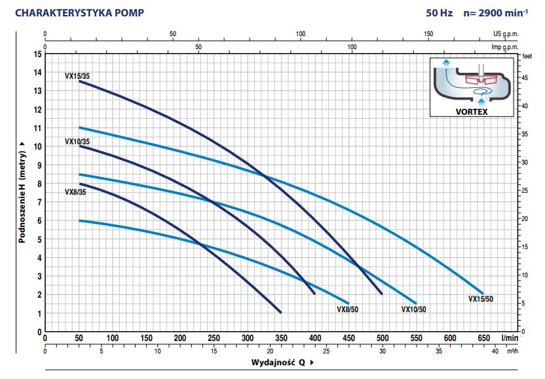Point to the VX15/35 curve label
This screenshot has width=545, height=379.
tap(77, 76)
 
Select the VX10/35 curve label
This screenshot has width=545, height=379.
tap(77, 141)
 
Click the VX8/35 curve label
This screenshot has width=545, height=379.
tap(75, 192)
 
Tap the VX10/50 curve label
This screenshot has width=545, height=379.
tap(413, 309)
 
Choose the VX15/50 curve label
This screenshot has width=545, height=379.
tap(481, 299)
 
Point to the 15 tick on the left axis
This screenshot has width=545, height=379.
tap(37, 54)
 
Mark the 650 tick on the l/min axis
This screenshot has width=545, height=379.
tap(483, 338)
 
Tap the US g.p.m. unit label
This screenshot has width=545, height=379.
tap(506, 33)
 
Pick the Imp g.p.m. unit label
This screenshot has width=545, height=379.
tap(504, 47)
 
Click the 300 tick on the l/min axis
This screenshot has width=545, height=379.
tap(248, 338)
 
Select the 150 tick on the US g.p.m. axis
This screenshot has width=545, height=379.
tap(429, 33)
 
